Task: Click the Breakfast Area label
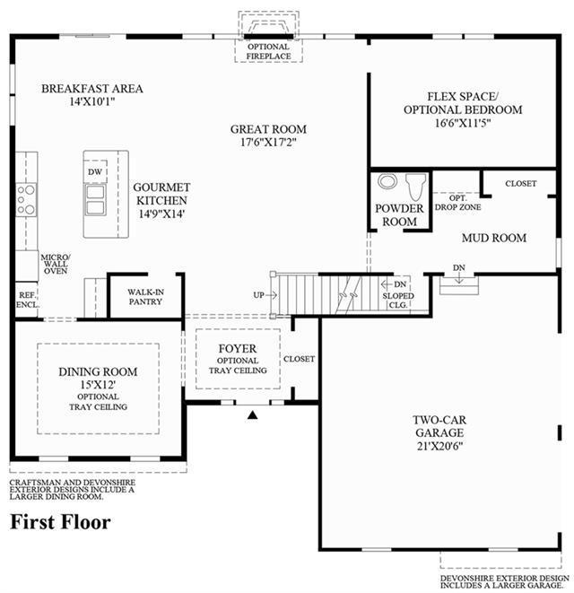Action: [91, 89]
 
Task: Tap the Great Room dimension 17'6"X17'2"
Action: [268, 143]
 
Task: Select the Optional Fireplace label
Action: [268, 51]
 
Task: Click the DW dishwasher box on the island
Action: [95, 171]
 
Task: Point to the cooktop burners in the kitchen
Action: [26, 200]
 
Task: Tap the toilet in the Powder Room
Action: [415, 186]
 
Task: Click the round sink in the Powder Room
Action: [387, 181]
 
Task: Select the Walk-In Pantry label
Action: [145, 297]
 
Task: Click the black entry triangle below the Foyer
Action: [253, 414]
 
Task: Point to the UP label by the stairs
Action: [258, 295]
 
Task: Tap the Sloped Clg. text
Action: [398, 301]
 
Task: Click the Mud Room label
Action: [494, 238]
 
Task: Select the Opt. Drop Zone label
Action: [458, 203]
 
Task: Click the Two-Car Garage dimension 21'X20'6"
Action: [439, 446]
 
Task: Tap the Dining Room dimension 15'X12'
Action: [98, 385]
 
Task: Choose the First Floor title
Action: [60, 522]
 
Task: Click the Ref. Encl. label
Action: [27, 300]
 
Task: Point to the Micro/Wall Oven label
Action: [56, 264]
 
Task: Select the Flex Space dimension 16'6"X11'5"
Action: [463, 123]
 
